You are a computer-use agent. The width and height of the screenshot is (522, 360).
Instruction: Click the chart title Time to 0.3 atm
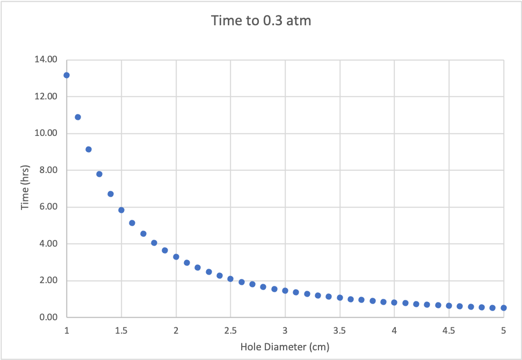pyautogui.click(x=261, y=21)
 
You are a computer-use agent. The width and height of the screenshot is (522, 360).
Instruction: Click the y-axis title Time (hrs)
pyautogui.click(x=25, y=188)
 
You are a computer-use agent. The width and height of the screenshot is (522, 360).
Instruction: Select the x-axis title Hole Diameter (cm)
pyautogui.click(x=285, y=347)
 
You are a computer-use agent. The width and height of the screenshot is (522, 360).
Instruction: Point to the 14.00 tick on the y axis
pyautogui.click(x=46, y=60)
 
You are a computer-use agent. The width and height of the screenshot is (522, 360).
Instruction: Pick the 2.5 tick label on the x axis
pyautogui.click(x=230, y=329)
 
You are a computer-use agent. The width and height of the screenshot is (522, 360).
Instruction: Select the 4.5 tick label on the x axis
pyautogui.click(x=448, y=329)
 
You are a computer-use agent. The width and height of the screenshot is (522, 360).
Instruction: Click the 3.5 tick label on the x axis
pyautogui.click(x=339, y=329)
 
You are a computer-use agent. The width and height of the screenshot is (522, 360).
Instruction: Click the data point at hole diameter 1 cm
pyautogui.click(x=67, y=75)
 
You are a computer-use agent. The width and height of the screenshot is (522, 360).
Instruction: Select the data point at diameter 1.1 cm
pyautogui.click(x=78, y=117)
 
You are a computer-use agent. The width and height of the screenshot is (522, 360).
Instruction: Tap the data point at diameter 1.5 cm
pyautogui.click(x=121, y=210)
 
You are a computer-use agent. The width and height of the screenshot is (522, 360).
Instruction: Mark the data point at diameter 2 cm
pyautogui.click(x=176, y=257)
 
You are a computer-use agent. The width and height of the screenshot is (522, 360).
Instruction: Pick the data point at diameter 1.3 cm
pyautogui.click(x=99, y=174)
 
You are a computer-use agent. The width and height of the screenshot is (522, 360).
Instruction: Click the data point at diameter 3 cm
pyautogui.click(x=285, y=291)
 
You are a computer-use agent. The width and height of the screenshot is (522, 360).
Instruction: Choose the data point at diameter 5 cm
pyautogui.click(x=504, y=308)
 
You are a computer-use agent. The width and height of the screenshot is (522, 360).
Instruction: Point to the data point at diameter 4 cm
pyautogui.click(x=394, y=303)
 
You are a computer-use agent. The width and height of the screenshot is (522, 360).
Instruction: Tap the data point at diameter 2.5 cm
pyautogui.click(x=230, y=279)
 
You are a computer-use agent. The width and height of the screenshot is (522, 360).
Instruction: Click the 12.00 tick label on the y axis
pyautogui.click(x=46, y=97)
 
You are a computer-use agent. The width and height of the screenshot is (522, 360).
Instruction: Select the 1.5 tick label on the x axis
pyautogui.click(x=121, y=329)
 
